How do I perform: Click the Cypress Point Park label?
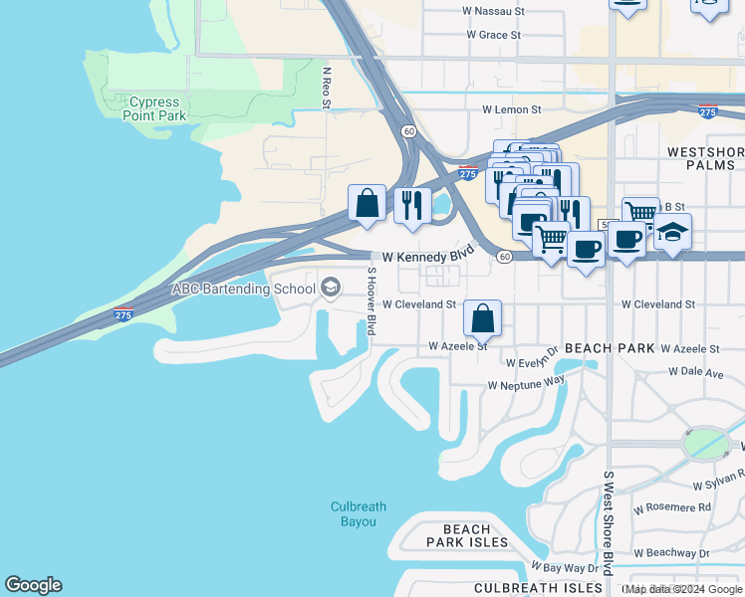(x=154, y=108)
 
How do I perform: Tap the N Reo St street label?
(x=326, y=88)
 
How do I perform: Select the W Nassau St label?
(x=493, y=12)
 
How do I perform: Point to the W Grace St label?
(x=493, y=35)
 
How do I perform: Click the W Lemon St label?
(x=511, y=109)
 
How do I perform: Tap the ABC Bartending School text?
(x=244, y=289)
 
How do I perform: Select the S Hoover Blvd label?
(x=371, y=300)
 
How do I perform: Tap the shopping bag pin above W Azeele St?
(x=483, y=319)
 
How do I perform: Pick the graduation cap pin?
(x=673, y=233)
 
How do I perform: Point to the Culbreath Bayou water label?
(x=354, y=514)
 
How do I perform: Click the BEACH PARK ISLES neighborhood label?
(x=467, y=535)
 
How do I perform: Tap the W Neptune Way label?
(x=526, y=383)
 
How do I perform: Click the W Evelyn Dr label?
(x=533, y=364)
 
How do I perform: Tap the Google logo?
(x=33, y=585)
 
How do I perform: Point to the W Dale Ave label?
(x=695, y=372)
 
